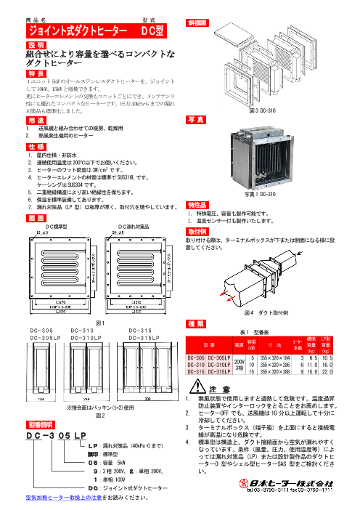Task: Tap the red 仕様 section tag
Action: coord(36,146)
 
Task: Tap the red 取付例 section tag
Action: coord(199,230)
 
